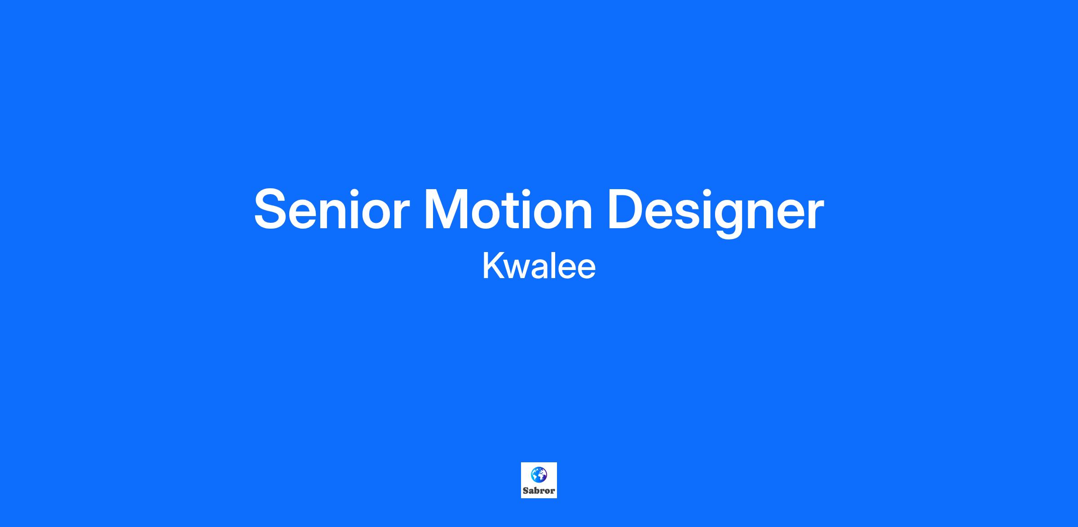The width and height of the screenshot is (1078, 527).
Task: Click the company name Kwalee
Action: pyautogui.click(x=539, y=266)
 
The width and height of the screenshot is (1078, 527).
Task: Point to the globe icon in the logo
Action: pyautogui.click(x=539, y=475)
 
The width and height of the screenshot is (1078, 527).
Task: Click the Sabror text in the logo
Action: pyautogui.click(x=539, y=491)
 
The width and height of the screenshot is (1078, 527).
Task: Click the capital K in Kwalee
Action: pyautogui.click(x=493, y=266)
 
